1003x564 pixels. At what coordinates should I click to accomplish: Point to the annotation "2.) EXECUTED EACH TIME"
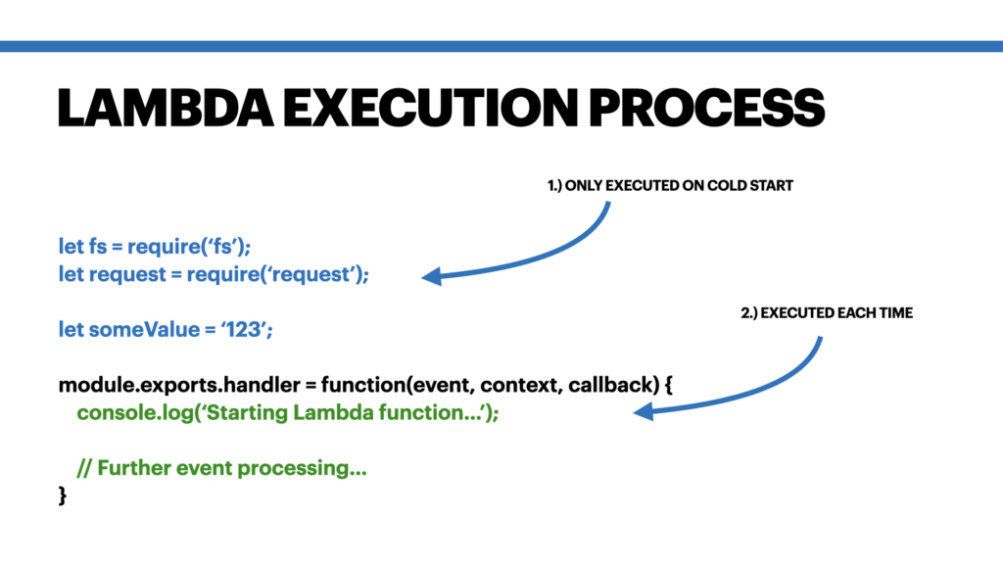[827, 314]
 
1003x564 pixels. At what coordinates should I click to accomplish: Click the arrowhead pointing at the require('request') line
[431, 278]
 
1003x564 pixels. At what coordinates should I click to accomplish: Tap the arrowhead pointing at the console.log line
[643, 414]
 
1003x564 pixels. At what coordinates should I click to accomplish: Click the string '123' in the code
[248, 330]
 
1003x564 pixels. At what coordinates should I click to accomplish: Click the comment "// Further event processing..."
[222, 469]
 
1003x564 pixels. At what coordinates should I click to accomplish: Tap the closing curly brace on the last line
[63, 496]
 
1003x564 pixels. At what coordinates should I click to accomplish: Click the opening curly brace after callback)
[666, 386]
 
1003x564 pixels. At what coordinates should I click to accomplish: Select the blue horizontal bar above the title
[501, 46]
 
